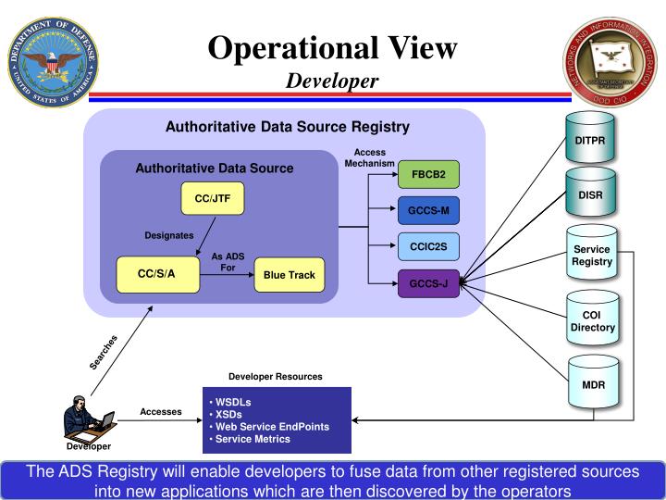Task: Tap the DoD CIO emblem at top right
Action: tap(610, 62)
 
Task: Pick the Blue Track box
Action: tap(289, 275)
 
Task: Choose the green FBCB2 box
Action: tap(428, 175)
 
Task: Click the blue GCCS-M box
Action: tap(428, 211)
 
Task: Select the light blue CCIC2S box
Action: tap(428, 247)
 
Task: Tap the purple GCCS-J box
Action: tap(428, 283)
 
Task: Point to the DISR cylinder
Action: tap(591, 196)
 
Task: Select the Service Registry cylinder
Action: tap(591, 256)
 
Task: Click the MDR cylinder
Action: tap(591, 383)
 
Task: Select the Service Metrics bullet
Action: tap(253, 439)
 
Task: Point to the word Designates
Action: tap(169, 235)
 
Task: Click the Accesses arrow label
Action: tap(161, 411)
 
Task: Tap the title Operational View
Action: tap(332, 48)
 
